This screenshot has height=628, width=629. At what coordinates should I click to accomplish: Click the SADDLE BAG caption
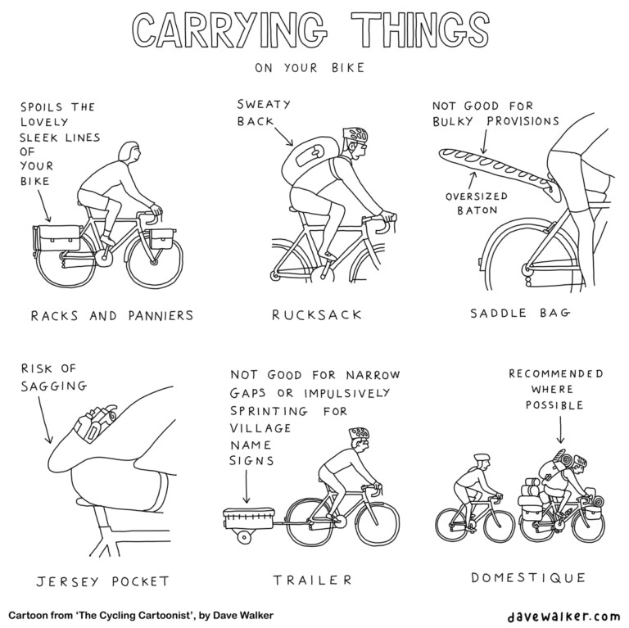pos(519,316)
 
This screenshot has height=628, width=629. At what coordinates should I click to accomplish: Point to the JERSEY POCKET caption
pos(102,582)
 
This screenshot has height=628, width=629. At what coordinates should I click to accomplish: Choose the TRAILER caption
pos(312,581)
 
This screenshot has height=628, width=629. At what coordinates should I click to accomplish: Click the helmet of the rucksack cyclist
pos(355,134)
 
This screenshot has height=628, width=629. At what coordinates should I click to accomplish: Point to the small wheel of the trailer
pos(243,536)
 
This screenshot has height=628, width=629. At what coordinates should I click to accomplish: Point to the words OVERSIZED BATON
pos(477,204)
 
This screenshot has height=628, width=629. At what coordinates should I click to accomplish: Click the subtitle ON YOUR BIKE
pos(309,69)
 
